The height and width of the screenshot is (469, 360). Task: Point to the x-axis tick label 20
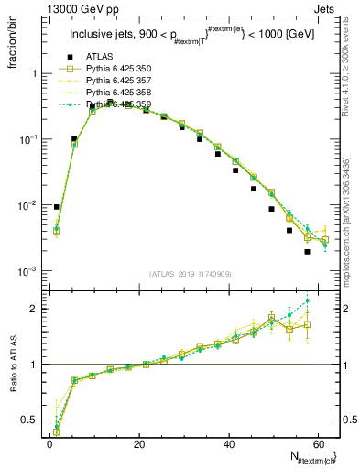(138, 443)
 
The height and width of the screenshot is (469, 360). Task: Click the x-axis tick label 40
(228, 443)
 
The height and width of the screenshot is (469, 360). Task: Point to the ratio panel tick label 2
(32, 309)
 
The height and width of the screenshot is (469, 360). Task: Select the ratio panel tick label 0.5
(28, 420)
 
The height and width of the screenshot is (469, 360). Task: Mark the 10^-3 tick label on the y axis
(25, 271)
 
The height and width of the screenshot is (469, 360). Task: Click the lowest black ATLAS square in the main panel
(307, 251)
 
